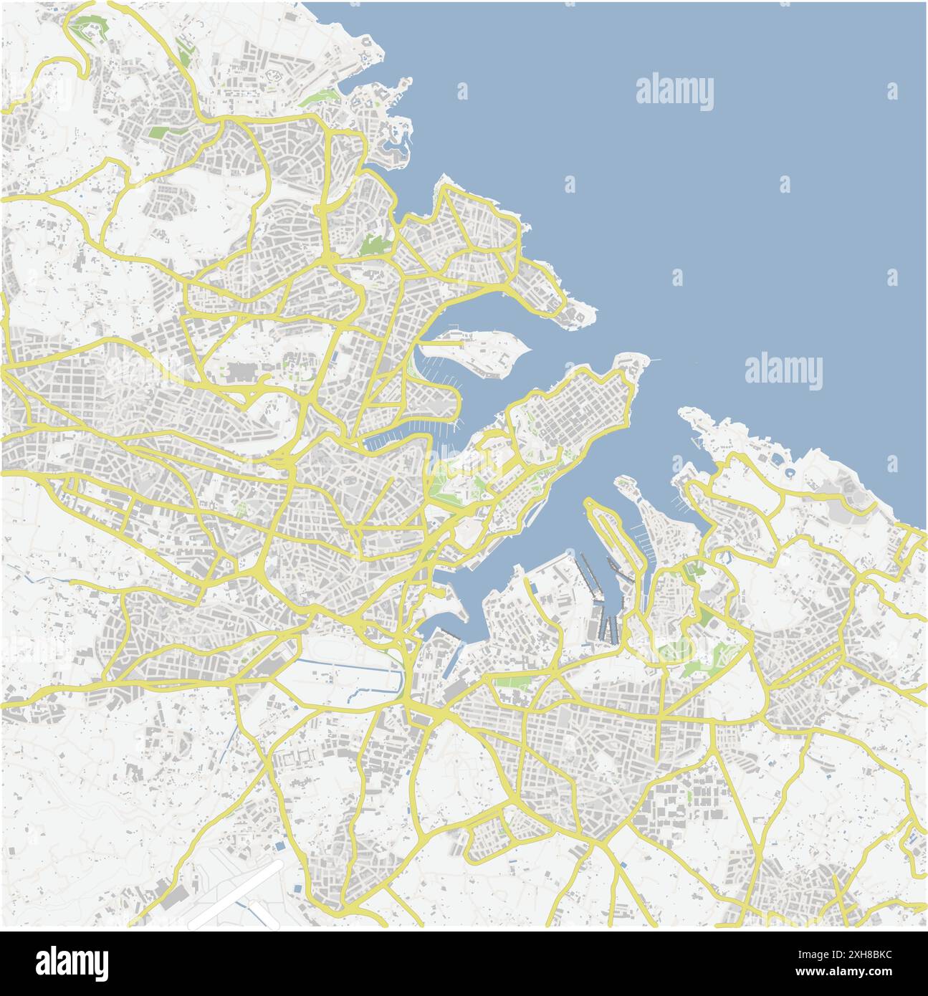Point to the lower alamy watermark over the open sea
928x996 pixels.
click(x=783, y=371)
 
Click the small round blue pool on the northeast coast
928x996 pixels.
click(x=789, y=473)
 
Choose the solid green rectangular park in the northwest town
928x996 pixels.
click(x=159, y=132)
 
